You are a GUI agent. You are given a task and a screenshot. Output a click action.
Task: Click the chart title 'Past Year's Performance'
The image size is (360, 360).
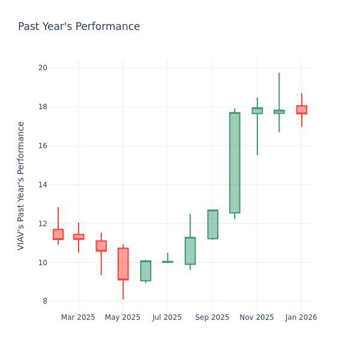click(79, 27)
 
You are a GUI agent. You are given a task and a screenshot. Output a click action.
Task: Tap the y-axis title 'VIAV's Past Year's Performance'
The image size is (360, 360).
click(21, 185)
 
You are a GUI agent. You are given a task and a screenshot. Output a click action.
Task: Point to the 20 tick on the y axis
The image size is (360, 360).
click(43, 68)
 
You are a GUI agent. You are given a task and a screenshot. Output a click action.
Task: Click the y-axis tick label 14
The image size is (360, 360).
click(43, 185)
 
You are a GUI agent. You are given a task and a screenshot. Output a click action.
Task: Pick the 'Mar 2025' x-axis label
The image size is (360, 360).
click(78, 317)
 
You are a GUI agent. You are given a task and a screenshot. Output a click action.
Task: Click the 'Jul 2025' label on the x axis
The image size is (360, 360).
click(167, 317)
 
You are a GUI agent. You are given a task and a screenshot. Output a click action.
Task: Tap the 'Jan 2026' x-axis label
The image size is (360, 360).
click(301, 317)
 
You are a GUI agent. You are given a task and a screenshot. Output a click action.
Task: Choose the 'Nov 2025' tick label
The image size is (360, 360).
click(256, 317)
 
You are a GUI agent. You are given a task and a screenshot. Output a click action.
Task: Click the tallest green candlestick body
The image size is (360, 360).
click(235, 163)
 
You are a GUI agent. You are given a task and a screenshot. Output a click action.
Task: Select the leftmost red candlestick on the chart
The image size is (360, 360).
click(58, 234)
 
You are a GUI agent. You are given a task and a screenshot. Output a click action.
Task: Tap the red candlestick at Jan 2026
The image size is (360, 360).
click(301, 110)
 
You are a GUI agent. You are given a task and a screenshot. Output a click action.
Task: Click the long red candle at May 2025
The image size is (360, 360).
click(123, 264)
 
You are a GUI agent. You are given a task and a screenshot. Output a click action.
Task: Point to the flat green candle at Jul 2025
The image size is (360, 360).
click(167, 262)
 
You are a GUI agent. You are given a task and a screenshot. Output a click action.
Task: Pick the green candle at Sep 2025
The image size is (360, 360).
click(212, 224)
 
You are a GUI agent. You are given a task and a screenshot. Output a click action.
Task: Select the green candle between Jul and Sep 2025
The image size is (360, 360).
click(190, 251)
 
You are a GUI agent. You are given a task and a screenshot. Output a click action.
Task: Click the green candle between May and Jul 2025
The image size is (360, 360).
click(145, 271)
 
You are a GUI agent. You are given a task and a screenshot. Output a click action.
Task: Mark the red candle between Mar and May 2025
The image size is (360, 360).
click(101, 246)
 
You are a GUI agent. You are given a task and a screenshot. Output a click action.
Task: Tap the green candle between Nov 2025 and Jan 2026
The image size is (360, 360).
click(279, 112)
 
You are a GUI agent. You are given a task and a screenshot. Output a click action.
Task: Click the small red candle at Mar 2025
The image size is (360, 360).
click(79, 237)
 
